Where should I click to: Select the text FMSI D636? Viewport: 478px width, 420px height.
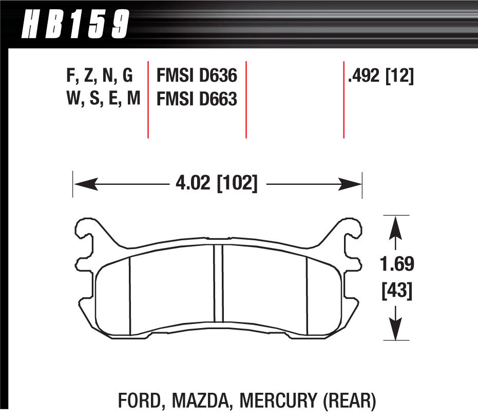196,77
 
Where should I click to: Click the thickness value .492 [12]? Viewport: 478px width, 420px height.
380,77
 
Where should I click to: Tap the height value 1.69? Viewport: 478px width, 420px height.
396,265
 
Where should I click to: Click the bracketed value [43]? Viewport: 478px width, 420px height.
396,292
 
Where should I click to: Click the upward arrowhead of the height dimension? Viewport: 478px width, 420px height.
395,226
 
